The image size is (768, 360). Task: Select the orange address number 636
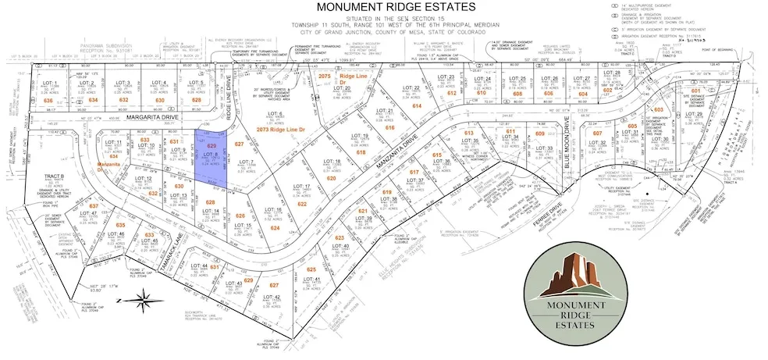[x=48, y=101]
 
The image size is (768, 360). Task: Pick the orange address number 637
[x=94, y=206]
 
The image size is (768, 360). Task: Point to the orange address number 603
[x=658, y=110]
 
